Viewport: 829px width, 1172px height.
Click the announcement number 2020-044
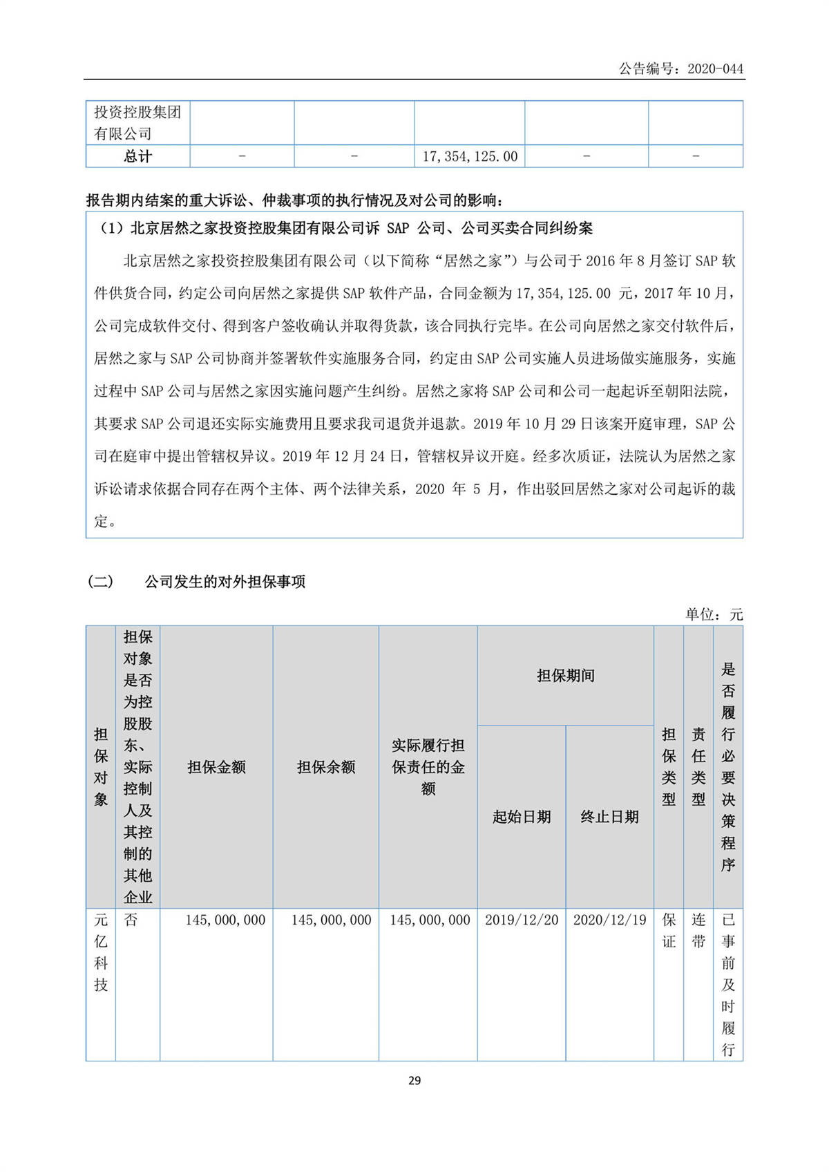click(715, 68)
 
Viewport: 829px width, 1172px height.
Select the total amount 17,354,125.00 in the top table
click(470, 157)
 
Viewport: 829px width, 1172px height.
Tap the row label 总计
click(137, 157)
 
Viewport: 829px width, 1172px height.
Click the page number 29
click(414, 1080)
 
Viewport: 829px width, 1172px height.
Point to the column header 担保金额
click(216, 767)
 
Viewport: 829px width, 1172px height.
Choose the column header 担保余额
click(326, 767)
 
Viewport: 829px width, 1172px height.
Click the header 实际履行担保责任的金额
click(428, 767)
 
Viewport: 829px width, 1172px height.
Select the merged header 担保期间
click(565, 676)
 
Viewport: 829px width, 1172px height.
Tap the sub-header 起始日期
click(522, 817)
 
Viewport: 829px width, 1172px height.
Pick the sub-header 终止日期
click(609, 817)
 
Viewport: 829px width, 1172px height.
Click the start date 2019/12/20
click(522, 920)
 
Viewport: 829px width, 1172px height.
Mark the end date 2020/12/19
click(609, 920)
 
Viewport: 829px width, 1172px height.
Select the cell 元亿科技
click(101, 952)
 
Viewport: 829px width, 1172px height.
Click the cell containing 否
click(131, 920)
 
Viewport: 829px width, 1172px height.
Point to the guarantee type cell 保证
click(669, 930)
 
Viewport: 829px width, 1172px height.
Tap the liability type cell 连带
click(698, 930)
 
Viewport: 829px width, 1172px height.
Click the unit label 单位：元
click(714, 614)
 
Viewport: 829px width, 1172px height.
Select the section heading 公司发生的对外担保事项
click(225, 582)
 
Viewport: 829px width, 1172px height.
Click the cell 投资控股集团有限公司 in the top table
click(137, 123)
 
